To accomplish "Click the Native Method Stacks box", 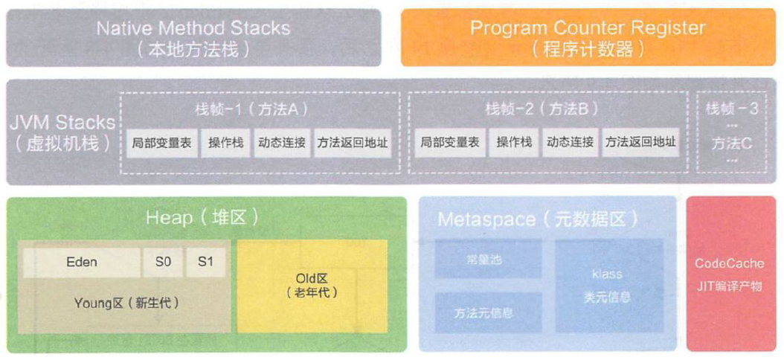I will click(193, 38).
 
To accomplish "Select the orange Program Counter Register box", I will click(587, 38).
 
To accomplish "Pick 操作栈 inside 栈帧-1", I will click(225, 143).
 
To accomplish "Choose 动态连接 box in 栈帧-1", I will click(282, 143).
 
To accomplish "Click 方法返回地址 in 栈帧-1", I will click(352, 143).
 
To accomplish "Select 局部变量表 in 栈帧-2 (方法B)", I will click(449, 143).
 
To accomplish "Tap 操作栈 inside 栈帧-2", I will click(513, 143).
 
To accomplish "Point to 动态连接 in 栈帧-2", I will click(570, 143).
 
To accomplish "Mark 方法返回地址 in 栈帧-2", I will click(640, 143).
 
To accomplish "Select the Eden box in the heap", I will click(81, 263).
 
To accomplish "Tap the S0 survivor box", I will click(162, 263).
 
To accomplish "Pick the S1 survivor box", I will click(205, 263).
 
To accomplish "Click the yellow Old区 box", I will click(312, 286).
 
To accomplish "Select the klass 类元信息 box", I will click(608, 286).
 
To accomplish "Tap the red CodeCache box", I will click(729, 274).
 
